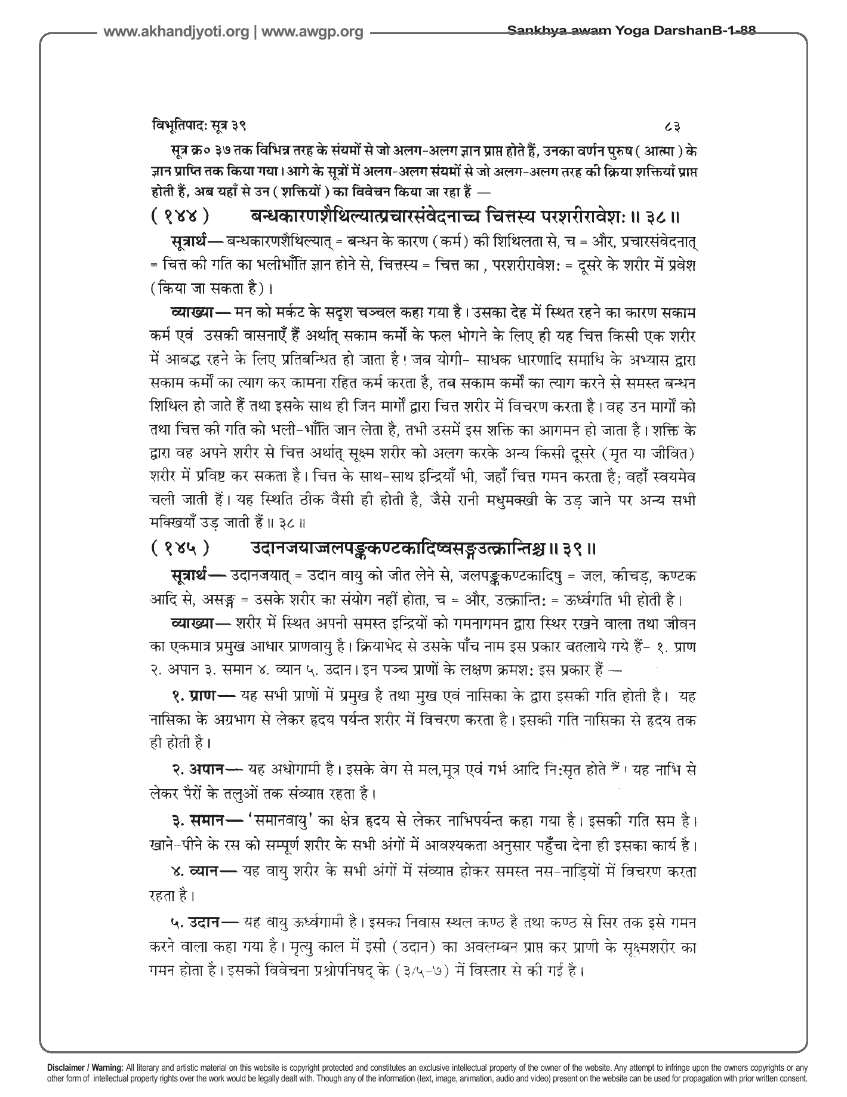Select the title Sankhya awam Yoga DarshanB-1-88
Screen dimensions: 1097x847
click(630, 30)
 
